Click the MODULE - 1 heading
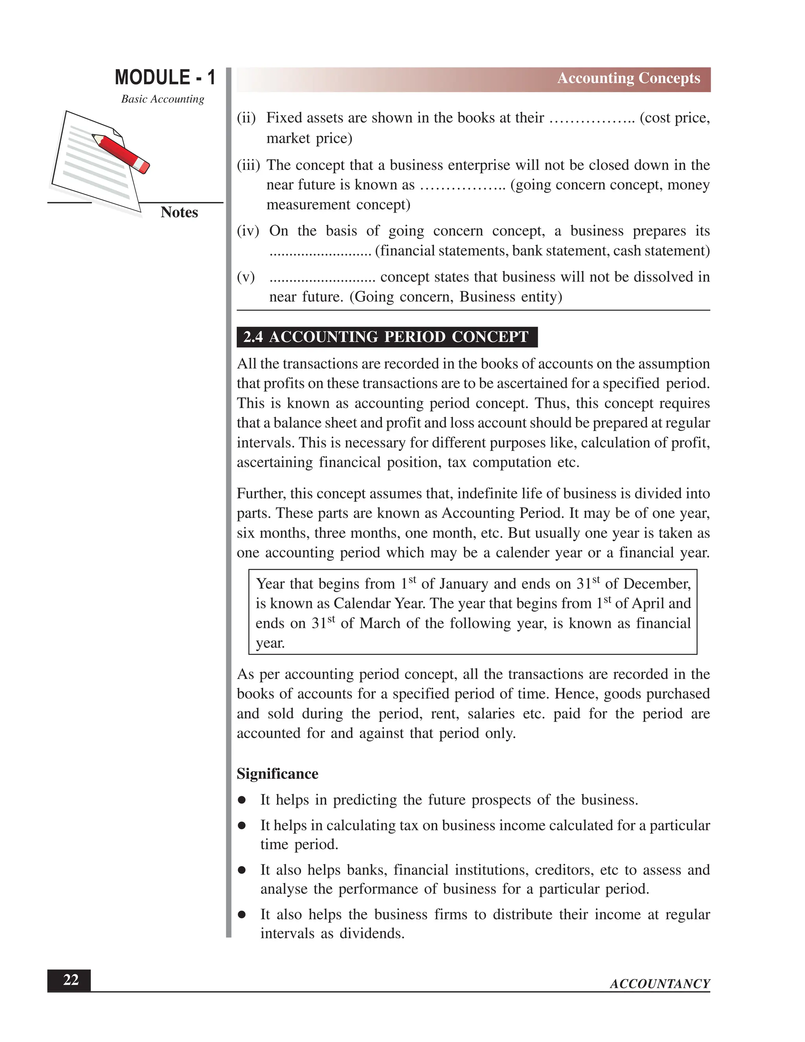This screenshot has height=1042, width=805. [x=165, y=78]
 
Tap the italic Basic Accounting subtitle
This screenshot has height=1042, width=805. [x=162, y=99]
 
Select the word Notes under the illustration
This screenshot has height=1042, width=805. [x=179, y=212]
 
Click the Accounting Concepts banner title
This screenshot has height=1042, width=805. [x=628, y=78]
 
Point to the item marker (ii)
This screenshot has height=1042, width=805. [x=246, y=118]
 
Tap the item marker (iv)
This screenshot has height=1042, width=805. [x=248, y=231]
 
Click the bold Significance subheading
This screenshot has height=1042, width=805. [x=277, y=773]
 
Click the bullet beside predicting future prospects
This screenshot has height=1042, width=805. [x=242, y=800]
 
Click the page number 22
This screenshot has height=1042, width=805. [x=71, y=980]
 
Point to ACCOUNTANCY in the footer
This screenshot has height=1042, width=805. [x=660, y=984]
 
